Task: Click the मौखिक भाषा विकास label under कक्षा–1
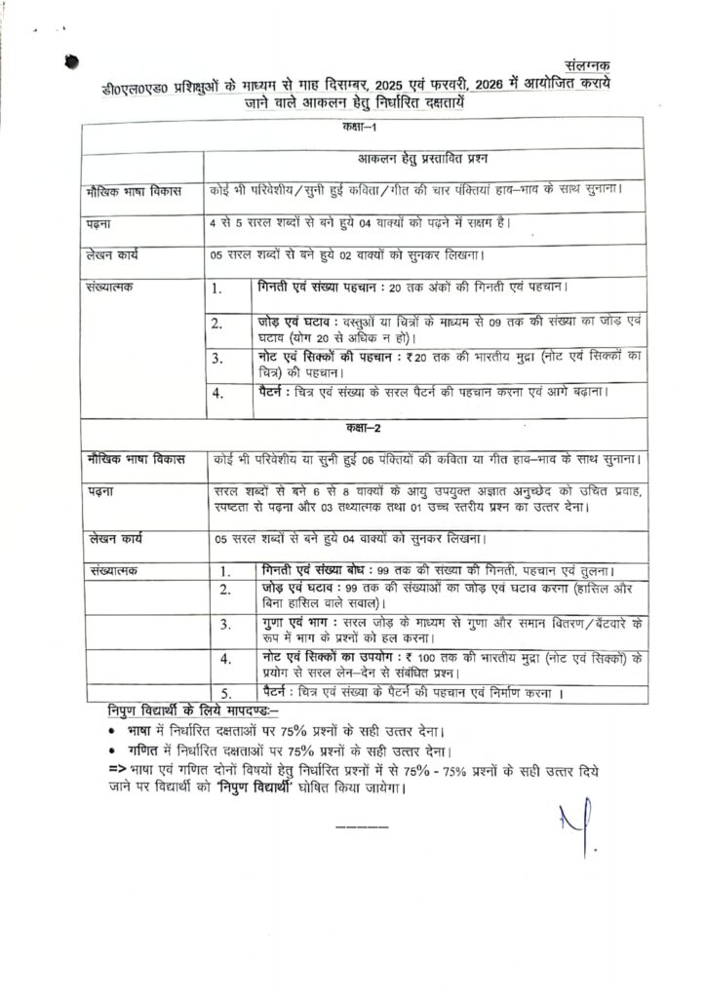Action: click(128, 192)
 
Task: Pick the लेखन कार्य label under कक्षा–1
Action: click(112, 256)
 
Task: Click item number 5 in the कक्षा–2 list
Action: click(224, 694)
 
